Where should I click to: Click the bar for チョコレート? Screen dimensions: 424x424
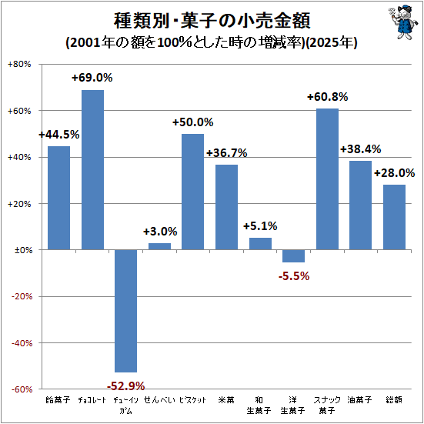coord(92,170)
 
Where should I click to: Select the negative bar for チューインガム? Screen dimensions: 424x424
coord(125,311)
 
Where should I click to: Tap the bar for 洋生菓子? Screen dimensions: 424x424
coord(293,255)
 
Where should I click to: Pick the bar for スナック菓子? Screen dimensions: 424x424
coord(327,179)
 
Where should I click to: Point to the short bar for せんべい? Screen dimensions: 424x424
coord(159,246)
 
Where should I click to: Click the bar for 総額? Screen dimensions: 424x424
coord(394,217)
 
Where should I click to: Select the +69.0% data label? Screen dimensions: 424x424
coord(92,78)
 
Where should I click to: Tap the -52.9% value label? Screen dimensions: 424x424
coord(125,386)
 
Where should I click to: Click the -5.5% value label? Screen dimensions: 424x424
coord(294,276)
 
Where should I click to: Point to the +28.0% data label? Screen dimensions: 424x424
coord(394,173)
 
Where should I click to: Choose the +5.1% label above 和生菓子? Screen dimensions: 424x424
coord(260,226)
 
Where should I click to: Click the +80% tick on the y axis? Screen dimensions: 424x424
coord(19,65)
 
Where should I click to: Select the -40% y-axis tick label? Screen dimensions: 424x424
coord(22,343)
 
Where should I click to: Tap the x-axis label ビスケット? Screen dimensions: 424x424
coord(193,399)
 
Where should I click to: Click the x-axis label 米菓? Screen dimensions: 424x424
coord(226,399)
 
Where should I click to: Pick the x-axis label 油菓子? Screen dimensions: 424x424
coord(359,399)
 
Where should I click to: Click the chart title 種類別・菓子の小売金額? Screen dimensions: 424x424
coord(212,21)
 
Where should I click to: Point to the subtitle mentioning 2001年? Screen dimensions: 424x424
coord(212,43)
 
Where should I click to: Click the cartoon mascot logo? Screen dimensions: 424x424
coord(402,22)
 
